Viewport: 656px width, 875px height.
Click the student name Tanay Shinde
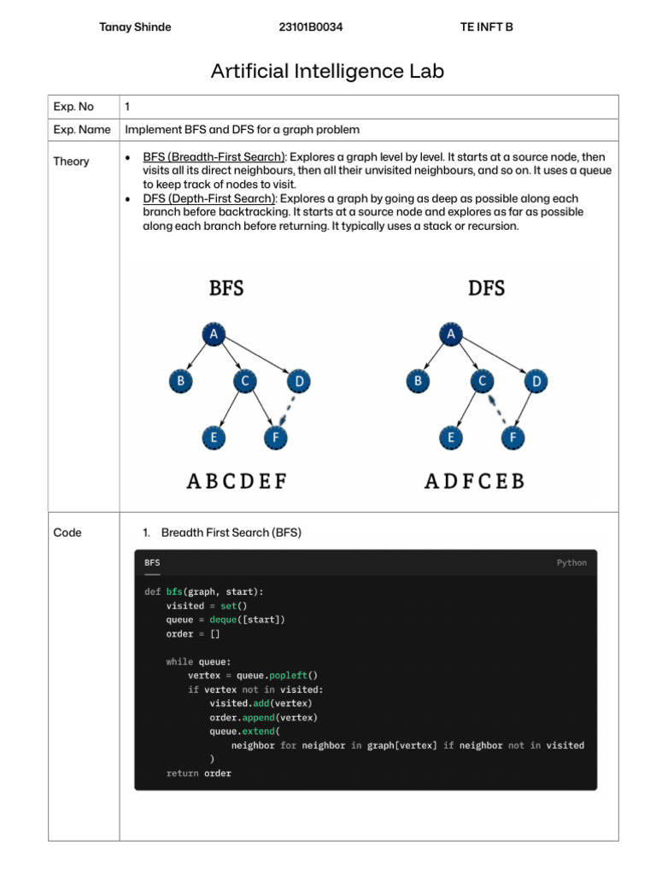click(x=135, y=27)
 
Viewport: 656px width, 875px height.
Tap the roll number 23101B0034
click(x=311, y=27)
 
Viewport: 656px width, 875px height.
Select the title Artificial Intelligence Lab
click(x=327, y=71)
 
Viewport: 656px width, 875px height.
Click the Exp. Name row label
click(x=82, y=130)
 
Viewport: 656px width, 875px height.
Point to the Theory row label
click(x=71, y=161)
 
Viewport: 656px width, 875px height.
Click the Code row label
click(x=67, y=532)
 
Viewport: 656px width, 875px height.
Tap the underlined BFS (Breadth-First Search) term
click(x=214, y=157)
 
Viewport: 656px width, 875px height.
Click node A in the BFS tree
click(x=213, y=335)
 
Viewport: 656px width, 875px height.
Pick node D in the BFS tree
click(x=298, y=381)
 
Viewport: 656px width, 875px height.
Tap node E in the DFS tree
click(x=450, y=438)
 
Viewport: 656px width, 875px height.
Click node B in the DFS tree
click(x=418, y=381)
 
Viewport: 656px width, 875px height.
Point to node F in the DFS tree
click(x=512, y=438)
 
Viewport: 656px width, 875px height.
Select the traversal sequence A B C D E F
click(x=237, y=482)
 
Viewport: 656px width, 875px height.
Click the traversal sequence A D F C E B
click(x=474, y=482)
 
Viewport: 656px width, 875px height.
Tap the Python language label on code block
click(x=571, y=563)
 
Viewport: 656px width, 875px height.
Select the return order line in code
click(x=198, y=773)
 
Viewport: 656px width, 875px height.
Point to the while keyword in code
click(x=179, y=661)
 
